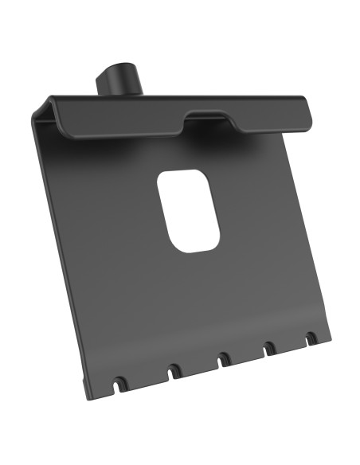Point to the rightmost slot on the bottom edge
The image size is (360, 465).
310,338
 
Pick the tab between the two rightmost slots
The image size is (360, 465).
291,346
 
